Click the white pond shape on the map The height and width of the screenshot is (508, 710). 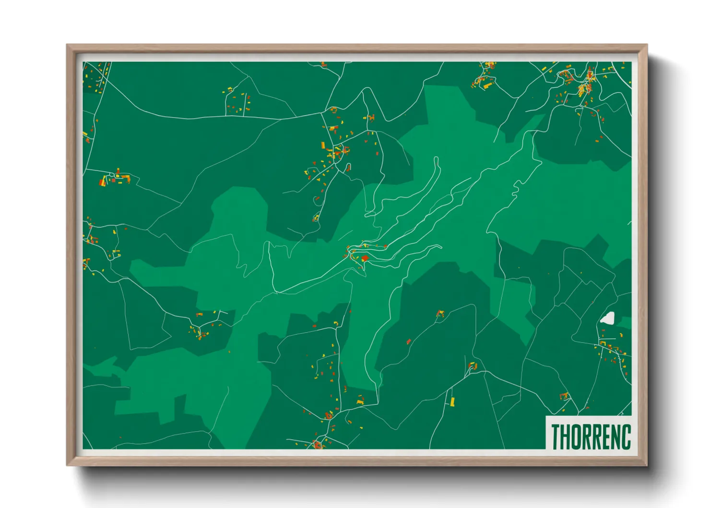click(608, 318)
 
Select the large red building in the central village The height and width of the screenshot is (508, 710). click(365, 258)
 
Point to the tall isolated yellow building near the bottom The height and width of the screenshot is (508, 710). click(452, 401)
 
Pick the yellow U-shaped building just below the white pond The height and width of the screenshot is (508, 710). click(603, 343)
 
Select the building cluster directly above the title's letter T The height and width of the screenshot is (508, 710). click(564, 396)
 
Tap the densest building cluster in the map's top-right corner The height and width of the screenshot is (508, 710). click(585, 86)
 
